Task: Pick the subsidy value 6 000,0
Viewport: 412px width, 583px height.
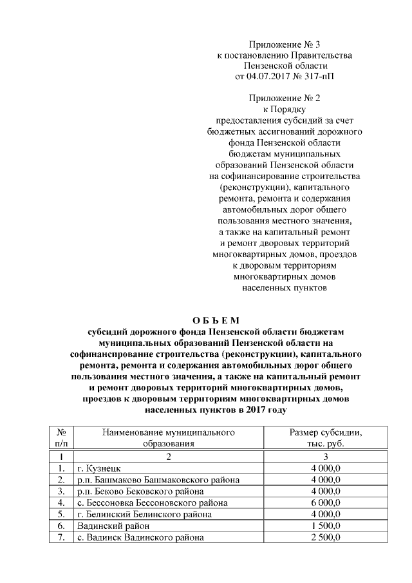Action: (325, 502)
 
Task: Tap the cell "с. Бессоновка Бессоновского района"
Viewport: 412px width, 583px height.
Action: (152, 502)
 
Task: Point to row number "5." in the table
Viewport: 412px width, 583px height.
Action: (60, 514)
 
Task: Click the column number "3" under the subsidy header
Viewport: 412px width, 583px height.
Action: (325, 456)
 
